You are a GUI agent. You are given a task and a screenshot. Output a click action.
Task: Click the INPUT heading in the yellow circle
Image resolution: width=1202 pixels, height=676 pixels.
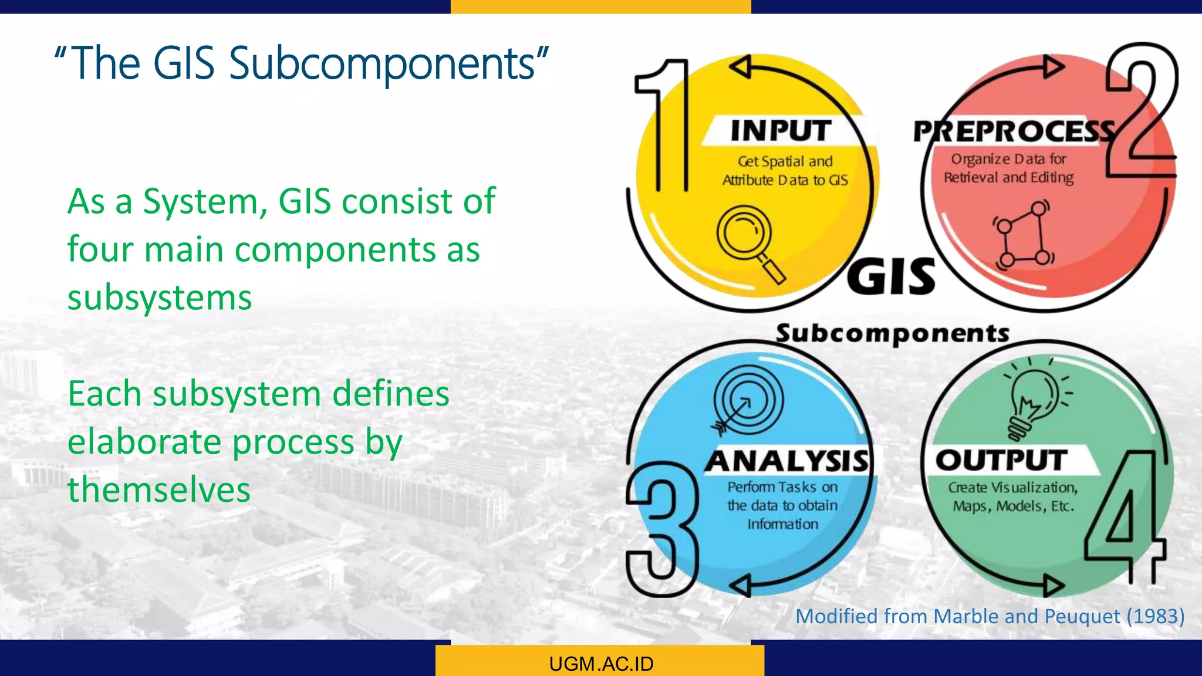coord(781,130)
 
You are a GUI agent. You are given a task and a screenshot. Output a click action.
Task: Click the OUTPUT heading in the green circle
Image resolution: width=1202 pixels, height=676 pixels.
coord(1001,460)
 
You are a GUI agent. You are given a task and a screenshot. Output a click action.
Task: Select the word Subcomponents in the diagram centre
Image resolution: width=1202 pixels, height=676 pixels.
coord(892,333)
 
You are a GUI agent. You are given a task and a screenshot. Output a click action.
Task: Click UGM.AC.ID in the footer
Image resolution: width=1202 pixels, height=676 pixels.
coord(601,664)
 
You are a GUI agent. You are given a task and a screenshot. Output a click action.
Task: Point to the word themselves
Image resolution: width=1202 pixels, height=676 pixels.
coord(159,489)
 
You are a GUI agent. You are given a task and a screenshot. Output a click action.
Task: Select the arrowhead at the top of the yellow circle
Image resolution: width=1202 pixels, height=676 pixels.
coord(741,67)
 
